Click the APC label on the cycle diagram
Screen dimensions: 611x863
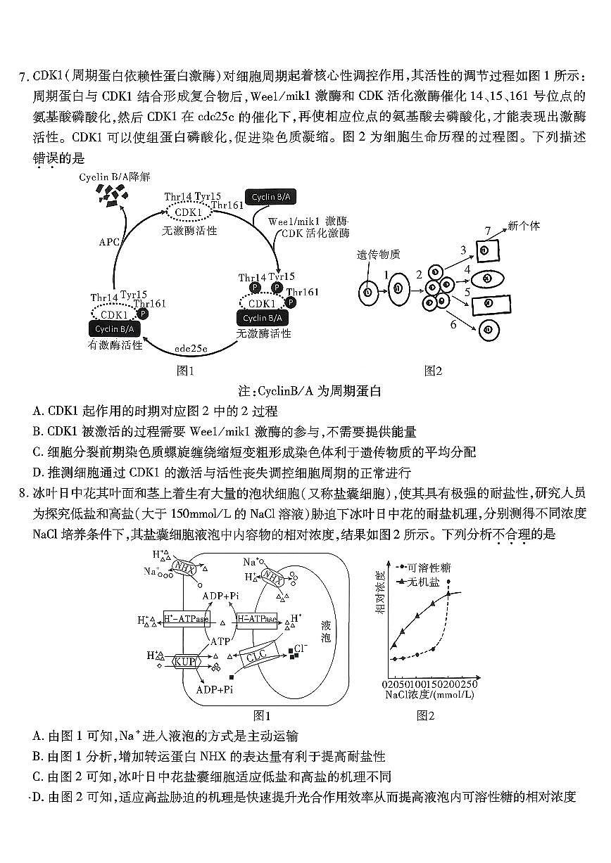[108, 241]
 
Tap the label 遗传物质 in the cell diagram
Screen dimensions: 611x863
[378, 254]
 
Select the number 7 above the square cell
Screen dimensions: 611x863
[488, 231]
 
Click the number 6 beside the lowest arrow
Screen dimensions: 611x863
[453, 324]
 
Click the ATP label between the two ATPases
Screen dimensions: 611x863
[222, 641]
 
